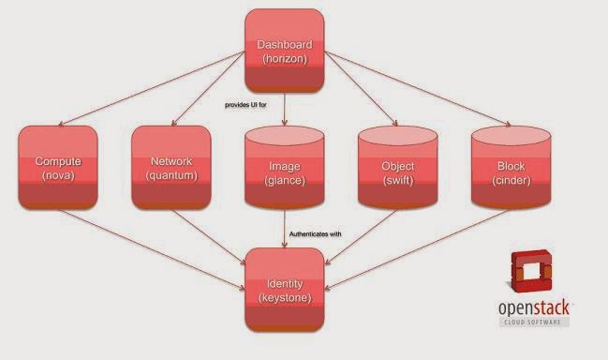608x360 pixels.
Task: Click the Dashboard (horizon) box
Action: pyautogui.click(x=285, y=51)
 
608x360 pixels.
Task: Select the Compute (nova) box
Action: pyautogui.click(x=58, y=168)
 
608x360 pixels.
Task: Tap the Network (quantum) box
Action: pyautogui.click(x=171, y=168)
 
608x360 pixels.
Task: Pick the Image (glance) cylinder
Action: pyautogui.click(x=285, y=168)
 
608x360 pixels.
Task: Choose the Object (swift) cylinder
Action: pyautogui.click(x=398, y=168)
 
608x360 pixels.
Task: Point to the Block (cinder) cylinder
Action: pyautogui.click(x=512, y=168)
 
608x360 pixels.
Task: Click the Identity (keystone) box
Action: pyautogui.click(x=285, y=290)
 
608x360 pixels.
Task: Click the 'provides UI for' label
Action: pyautogui.click(x=245, y=105)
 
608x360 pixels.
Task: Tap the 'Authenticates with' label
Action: pyautogui.click(x=316, y=234)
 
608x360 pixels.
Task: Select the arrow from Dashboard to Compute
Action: pyautogui.click(x=152, y=88)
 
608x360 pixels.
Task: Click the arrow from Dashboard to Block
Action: pyautogui.click(x=418, y=88)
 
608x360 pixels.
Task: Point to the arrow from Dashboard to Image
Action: pyautogui.click(x=285, y=109)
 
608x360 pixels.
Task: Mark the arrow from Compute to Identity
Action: pyautogui.click(x=152, y=249)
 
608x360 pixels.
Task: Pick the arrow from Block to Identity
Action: pyautogui.click(x=417, y=249)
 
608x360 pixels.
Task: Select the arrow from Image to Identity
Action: pyautogui.click(x=285, y=229)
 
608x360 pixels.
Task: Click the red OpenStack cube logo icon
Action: pyautogui.click(x=529, y=271)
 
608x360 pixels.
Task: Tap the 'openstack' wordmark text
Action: pyautogui.click(x=534, y=308)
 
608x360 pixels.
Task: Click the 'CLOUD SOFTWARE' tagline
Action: pyautogui.click(x=533, y=322)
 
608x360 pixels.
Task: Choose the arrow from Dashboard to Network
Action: pyautogui.click(x=208, y=88)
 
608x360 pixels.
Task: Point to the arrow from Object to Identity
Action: pyautogui.click(x=361, y=237)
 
